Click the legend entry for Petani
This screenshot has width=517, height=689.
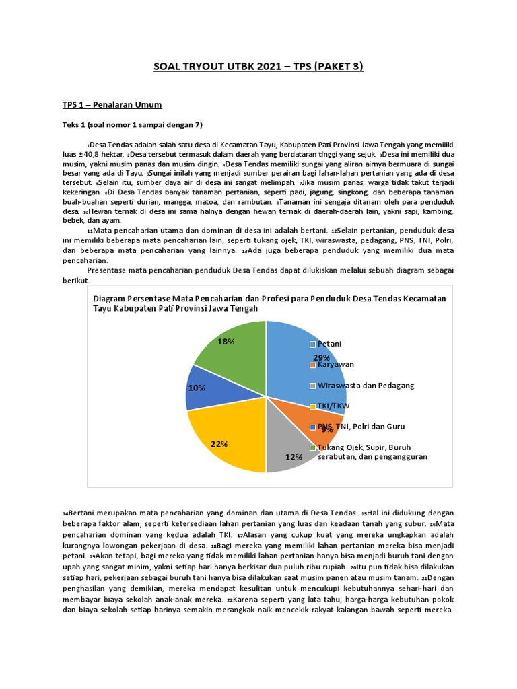coord(329,344)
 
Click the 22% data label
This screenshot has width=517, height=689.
coord(219,444)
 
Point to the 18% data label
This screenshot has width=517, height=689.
coord(226,342)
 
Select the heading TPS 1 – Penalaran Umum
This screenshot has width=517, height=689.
coord(112,106)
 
